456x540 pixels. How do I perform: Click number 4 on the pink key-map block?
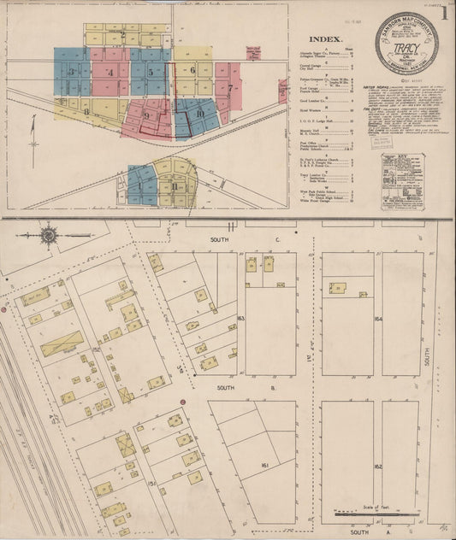110,73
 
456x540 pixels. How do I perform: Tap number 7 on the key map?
230,87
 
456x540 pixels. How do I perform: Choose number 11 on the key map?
175,185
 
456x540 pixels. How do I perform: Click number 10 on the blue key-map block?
199,113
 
